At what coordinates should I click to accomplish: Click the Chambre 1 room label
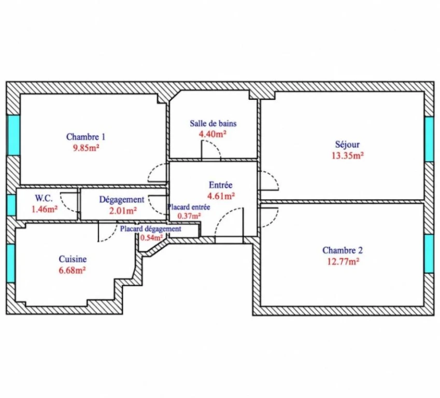pyautogui.click(x=86, y=137)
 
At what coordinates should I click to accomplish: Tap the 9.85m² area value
pyautogui.click(x=86, y=148)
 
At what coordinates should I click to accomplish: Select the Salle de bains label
pyautogui.click(x=213, y=123)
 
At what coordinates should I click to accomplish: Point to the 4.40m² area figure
pyautogui.click(x=212, y=134)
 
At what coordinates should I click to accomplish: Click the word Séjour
pyautogui.click(x=347, y=145)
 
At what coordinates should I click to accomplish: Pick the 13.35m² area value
pyautogui.click(x=348, y=155)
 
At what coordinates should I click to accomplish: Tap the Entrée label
pyautogui.click(x=221, y=185)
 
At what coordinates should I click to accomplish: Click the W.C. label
pyautogui.click(x=44, y=198)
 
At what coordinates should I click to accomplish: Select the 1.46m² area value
pyautogui.click(x=45, y=209)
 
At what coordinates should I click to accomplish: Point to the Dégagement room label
pyautogui.click(x=122, y=200)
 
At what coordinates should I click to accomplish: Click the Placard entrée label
pyautogui.click(x=189, y=207)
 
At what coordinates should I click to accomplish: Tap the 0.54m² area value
pyautogui.click(x=151, y=238)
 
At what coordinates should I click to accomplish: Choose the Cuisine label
pyautogui.click(x=73, y=259)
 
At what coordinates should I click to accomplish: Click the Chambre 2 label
pyautogui.click(x=343, y=250)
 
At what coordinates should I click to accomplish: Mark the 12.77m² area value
pyautogui.click(x=343, y=262)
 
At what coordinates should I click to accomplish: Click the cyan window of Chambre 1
pyautogui.click(x=13, y=135)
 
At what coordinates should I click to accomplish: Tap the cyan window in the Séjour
pyautogui.click(x=429, y=139)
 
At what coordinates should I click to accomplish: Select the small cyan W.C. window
pyautogui.click(x=11, y=205)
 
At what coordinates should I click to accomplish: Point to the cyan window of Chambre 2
pyautogui.click(x=429, y=254)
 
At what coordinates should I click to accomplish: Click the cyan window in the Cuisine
pyautogui.click(x=11, y=263)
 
